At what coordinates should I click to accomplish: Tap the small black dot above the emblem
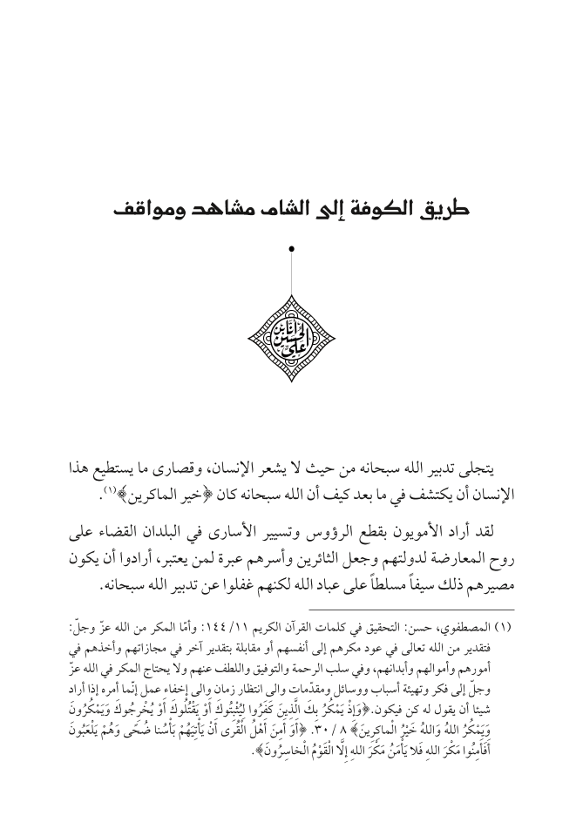pyautogui.click(x=291, y=250)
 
